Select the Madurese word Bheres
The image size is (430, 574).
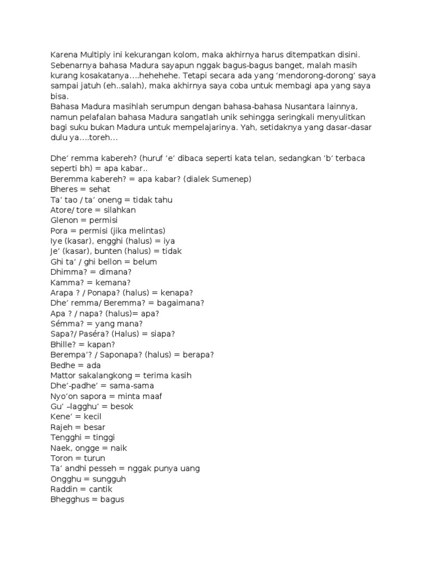pos(65,189)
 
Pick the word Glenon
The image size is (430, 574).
pos(65,220)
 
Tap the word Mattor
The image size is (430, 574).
pos(64,375)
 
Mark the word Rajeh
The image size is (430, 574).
pos(63,427)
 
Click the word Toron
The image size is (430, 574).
pos(62,458)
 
